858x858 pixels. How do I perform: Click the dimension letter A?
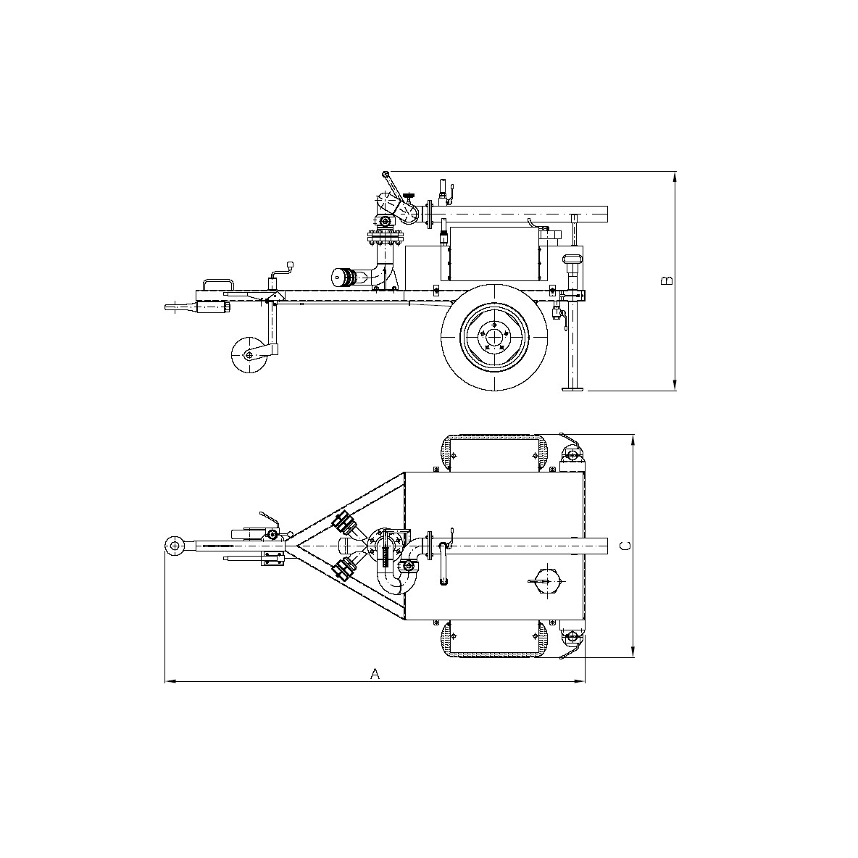[x=375, y=674]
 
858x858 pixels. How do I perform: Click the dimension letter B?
[x=668, y=280]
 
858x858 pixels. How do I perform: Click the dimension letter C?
[x=627, y=545]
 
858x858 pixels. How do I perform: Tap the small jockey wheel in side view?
[x=248, y=355]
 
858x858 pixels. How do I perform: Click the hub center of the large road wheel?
[x=494, y=338]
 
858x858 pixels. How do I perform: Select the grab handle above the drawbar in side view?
[x=217, y=283]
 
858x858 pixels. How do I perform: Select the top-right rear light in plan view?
[x=572, y=454]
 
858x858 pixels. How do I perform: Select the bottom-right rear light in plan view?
[x=572, y=638]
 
